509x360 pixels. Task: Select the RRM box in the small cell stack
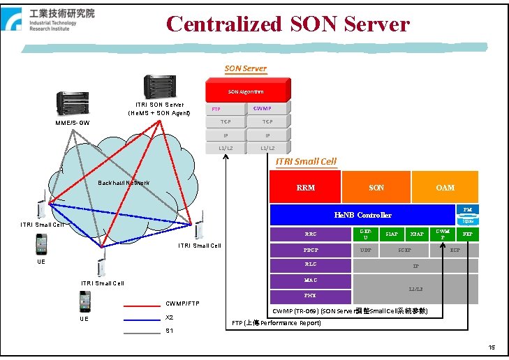coord(305,187)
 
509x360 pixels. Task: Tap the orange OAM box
coord(445,187)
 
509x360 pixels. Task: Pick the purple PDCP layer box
coord(310,249)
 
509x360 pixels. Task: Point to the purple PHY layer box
coord(310,296)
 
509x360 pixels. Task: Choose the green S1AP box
coord(392,234)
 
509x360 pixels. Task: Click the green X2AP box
coord(417,234)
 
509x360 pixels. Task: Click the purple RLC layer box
coord(310,264)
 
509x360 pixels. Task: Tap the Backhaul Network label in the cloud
coord(124,183)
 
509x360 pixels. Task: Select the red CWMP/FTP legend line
coord(142,305)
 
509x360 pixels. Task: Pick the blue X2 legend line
coord(142,317)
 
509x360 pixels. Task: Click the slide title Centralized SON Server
coord(288,24)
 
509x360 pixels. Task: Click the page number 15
coord(492,347)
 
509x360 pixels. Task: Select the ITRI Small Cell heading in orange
coord(306,162)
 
